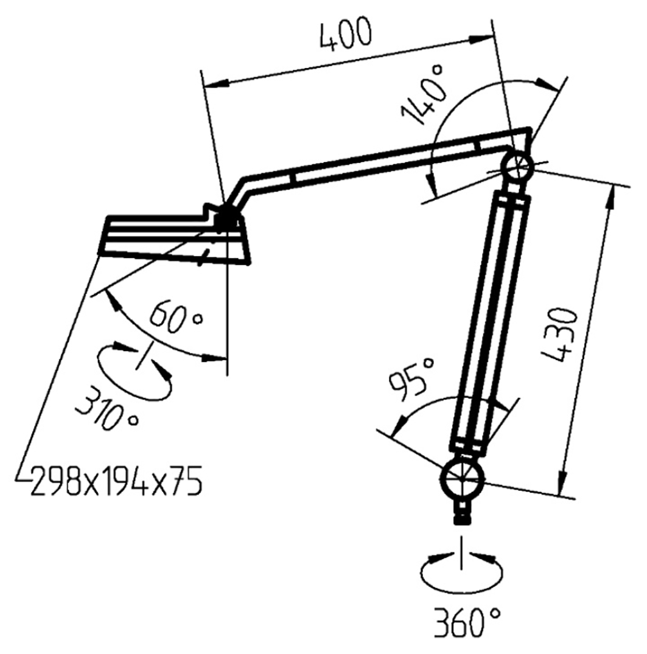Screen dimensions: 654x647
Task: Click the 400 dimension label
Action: click(x=345, y=38)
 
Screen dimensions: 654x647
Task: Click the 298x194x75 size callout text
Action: click(x=116, y=482)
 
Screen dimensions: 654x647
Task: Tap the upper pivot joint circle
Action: click(x=517, y=164)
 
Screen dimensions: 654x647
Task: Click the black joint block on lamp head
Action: click(x=227, y=216)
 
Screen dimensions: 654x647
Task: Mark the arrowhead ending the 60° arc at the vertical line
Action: click(x=217, y=358)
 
